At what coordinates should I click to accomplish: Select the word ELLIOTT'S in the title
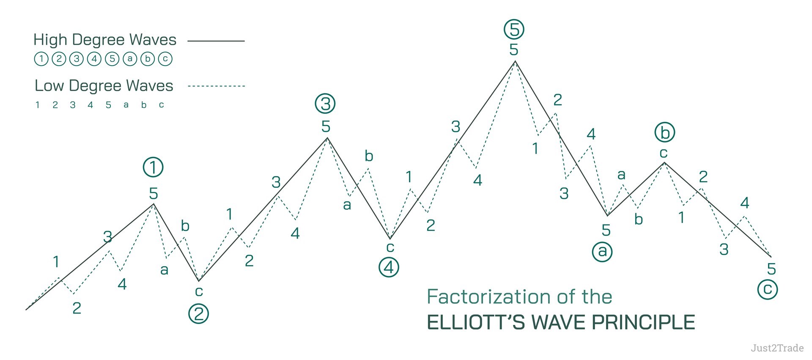pyautogui.click(x=476, y=322)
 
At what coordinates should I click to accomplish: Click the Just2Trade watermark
pyautogui.click(x=777, y=348)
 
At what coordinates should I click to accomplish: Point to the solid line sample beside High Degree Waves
pyautogui.click(x=216, y=41)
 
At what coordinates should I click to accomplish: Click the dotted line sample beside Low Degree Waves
pyautogui.click(x=216, y=86)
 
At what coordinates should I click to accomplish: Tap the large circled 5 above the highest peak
pyautogui.click(x=514, y=29)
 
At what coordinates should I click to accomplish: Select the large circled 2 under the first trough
pyautogui.click(x=198, y=314)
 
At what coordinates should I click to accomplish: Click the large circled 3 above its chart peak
pyautogui.click(x=325, y=104)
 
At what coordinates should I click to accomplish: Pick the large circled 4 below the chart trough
pyautogui.click(x=389, y=267)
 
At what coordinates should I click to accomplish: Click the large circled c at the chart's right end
pyautogui.click(x=768, y=289)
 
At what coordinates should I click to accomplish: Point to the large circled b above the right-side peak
pyautogui.click(x=665, y=132)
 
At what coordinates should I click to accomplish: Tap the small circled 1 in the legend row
pyautogui.click(x=41, y=59)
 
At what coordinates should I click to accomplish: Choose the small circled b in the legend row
pyautogui.click(x=148, y=59)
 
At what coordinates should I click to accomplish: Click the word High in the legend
pyautogui.click(x=50, y=40)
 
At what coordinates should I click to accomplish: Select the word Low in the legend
pyautogui.click(x=49, y=85)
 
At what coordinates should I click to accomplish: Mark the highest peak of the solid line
pyautogui.click(x=515, y=62)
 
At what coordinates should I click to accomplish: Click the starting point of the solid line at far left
pyautogui.click(x=26, y=310)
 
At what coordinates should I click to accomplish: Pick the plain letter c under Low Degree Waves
pyautogui.click(x=162, y=105)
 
